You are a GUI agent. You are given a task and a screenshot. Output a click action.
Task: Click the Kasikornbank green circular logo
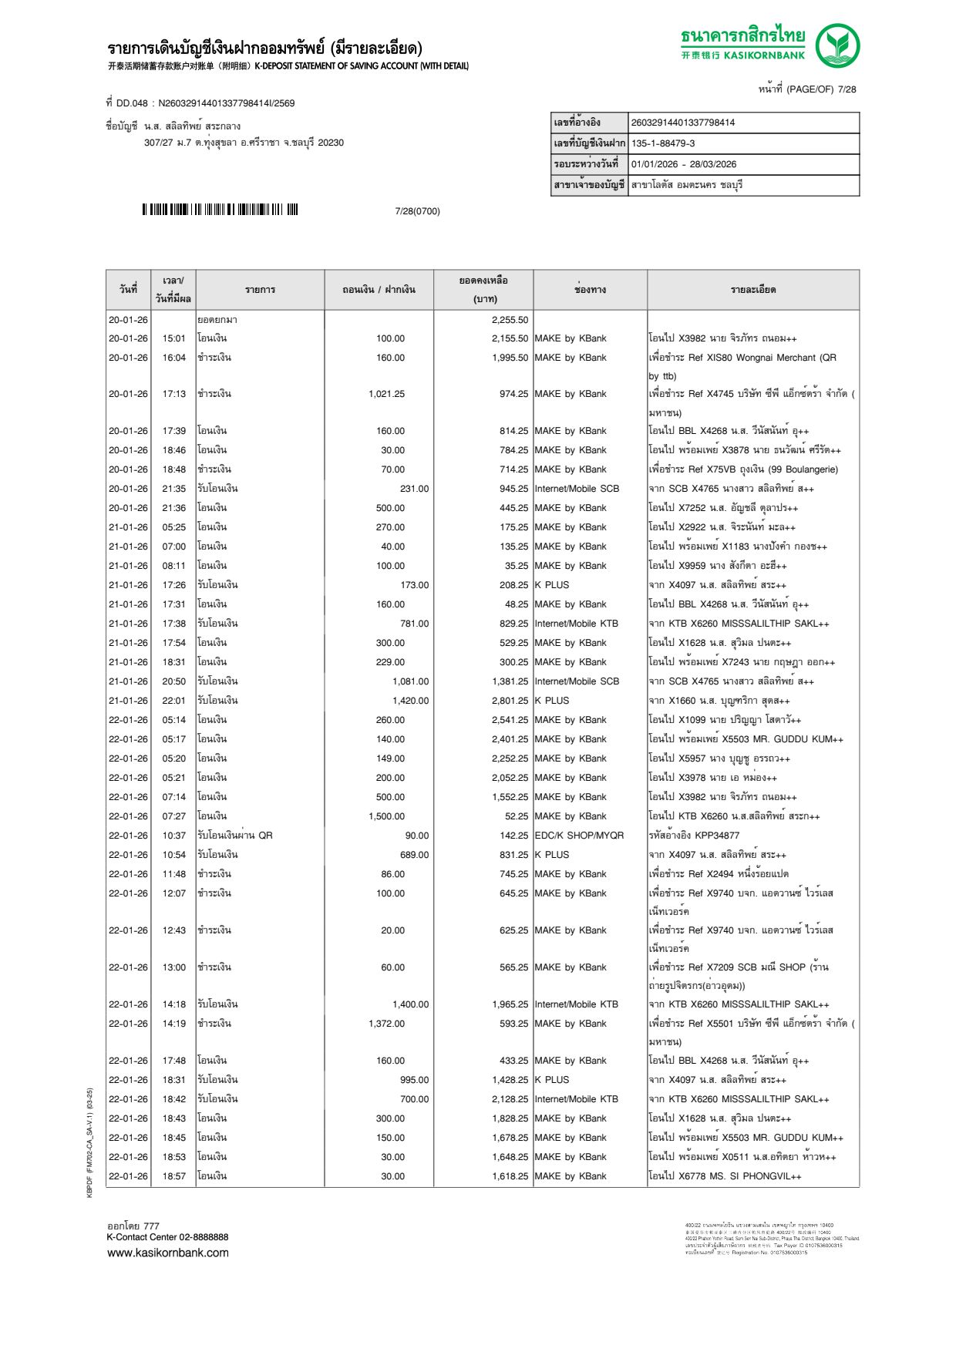837,45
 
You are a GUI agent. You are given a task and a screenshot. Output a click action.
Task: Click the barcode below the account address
220,210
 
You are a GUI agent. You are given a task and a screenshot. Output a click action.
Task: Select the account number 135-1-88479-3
663,143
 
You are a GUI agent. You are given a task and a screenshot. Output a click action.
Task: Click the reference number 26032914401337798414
683,123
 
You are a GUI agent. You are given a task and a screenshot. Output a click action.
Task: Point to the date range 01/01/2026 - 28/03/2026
684,164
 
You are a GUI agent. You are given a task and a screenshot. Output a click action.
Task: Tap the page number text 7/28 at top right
847,89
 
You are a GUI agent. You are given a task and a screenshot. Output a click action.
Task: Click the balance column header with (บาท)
483,290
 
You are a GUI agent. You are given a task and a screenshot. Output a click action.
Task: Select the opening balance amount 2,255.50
510,320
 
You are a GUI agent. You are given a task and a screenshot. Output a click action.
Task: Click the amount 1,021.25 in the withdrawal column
386,394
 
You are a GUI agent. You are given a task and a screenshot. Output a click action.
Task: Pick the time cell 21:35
173,489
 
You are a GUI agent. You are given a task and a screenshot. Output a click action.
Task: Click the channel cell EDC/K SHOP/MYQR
579,836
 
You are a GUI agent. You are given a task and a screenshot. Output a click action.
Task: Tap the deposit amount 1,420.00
410,701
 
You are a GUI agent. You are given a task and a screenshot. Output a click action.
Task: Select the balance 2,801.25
510,701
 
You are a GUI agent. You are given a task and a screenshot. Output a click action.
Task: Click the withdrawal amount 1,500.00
386,816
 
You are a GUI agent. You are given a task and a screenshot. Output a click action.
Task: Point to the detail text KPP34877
716,836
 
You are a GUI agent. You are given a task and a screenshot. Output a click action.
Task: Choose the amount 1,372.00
386,1024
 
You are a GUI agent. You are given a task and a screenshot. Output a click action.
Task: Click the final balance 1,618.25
510,1176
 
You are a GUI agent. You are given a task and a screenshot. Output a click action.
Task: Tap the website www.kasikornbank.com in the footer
168,1253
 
